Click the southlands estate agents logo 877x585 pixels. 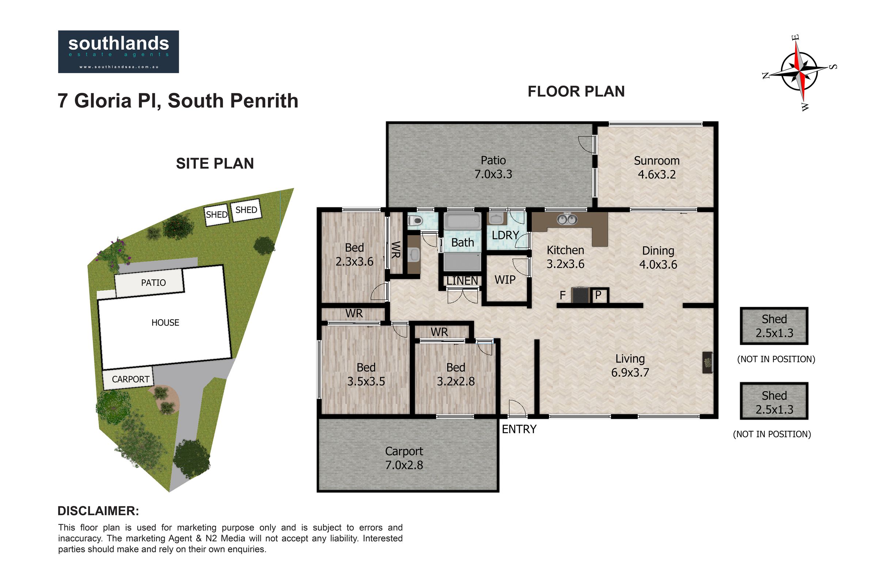118,52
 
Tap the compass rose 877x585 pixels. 799,72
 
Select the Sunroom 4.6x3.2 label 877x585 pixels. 657,167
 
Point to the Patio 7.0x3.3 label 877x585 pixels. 493,167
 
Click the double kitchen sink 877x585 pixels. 567,219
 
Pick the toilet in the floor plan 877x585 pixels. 415,221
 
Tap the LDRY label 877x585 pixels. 505,235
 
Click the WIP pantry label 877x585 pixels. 505,280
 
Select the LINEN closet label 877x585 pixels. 462,280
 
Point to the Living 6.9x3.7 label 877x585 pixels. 630,366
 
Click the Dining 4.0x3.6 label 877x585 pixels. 658,257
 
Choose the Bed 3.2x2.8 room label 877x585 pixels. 456,374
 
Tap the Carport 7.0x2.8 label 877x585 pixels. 404,458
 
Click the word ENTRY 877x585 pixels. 519,429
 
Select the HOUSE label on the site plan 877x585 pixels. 165,323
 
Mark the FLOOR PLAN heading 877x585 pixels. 576,91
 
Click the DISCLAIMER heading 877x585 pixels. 98,511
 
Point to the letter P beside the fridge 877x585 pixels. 598,295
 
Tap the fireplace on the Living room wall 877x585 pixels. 707,362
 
